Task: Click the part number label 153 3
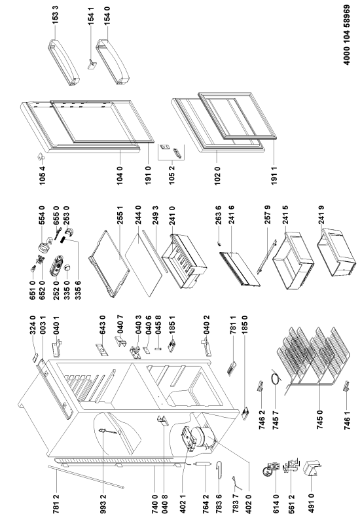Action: point(56,14)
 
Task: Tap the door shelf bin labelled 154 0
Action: point(114,62)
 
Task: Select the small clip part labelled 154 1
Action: point(92,64)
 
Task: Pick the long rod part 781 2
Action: point(86,477)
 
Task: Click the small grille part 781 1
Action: point(232,369)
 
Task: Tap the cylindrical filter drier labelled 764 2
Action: point(203,464)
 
